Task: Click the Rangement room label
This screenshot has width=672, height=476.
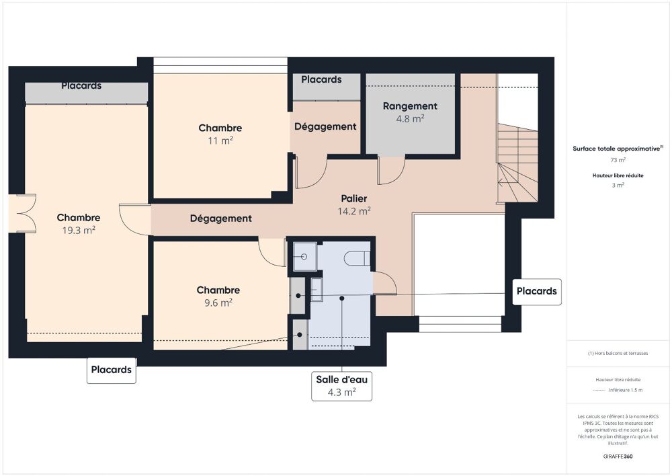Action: pyautogui.click(x=410, y=106)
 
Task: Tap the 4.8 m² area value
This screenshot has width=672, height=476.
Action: pyautogui.click(x=410, y=119)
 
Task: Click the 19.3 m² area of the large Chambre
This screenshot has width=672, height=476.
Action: pyautogui.click(x=79, y=230)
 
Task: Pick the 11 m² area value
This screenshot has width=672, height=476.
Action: pyautogui.click(x=220, y=141)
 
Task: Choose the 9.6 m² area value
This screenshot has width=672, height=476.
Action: pyautogui.click(x=218, y=303)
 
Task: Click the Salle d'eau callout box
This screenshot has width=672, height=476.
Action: pyautogui.click(x=341, y=386)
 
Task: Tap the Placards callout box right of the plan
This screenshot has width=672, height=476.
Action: pyautogui.click(x=537, y=292)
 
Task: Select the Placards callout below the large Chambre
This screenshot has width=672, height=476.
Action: pyautogui.click(x=112, y=370)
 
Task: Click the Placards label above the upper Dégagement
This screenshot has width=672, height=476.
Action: pyautogui.click(x=321, y=80)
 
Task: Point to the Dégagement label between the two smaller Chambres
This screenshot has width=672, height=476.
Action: pyautogui.click(x=220, y=219)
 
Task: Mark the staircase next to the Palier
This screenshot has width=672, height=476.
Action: pyautogui.click(x=518, y=161)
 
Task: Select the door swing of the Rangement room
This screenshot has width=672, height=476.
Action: pyautogui.click(x=390, y=171)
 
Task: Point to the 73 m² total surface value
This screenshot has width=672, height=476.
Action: pyautogui.click(x=618, y=160)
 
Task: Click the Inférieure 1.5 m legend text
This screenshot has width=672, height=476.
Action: pyautogui.click(x=626, y=390)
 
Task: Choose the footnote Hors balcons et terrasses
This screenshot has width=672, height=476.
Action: pyautogui.click(x=618, y=353)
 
